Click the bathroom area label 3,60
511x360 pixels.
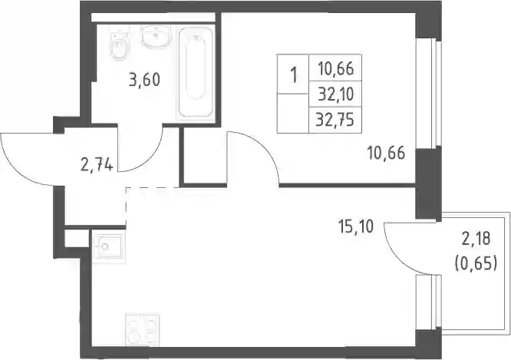pyautogui.click(x=144, y=80)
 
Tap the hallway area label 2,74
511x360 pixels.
pyautogui.click(x=97, y=165)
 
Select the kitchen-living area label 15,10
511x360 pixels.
pyautogui.click(x=356, y=226)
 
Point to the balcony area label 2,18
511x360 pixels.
pyautogui.click(x=476, y=239)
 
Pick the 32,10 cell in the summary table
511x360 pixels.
pyautogui.click(x=335, y=94)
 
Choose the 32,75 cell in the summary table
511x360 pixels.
pyautogui.click(x=335, y=121)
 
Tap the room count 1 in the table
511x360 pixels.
pyautogui.click(x=294, y=75)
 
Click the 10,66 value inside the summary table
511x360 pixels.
pyautogui.click(x=335, y=69)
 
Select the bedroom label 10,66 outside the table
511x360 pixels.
pyautogui.click(x=387, y=153)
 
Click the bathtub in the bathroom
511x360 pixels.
pyautogui.click(x=196, y=72)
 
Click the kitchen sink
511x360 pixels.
pyautogui.click(x=107, y=247)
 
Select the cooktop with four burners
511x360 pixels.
pyautogui.click(x=143, y=329)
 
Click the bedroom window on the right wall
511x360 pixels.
pyautogui.click(x=429, y=93)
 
